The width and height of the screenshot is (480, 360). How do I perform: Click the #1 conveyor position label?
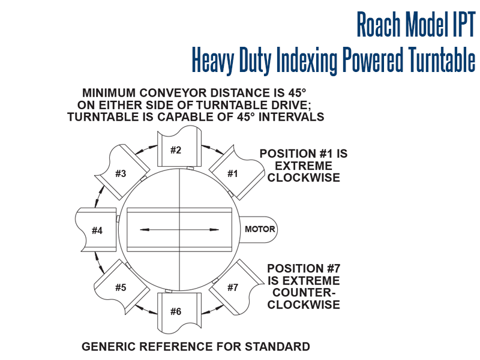[x=233, y=174]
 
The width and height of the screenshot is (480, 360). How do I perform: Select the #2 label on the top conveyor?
[x=176, y=151]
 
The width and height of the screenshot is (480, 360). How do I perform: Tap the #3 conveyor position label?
[x=121, y=174]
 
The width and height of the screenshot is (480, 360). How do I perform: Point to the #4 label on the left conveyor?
[x=97, y=230]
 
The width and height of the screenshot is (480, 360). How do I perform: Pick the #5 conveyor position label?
[x=121, y=288]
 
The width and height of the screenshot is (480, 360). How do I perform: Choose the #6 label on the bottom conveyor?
[x=176, y=311]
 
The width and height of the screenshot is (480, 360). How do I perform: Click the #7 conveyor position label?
[x=233, y=288]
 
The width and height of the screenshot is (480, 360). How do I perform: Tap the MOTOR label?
[x=260, y=229]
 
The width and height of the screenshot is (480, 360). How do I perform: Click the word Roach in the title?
[x=379, y=24]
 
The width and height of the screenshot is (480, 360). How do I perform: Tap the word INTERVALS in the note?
[x=291, y=117]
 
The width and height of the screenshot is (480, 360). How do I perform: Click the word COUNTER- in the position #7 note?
[x=304, y=293]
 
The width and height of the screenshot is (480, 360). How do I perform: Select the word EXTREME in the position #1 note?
[x=304, y=166]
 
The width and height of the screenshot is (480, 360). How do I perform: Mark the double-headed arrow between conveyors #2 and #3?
[x=146, y=149]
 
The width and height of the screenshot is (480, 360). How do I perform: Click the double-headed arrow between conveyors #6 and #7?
[x=212, y=310]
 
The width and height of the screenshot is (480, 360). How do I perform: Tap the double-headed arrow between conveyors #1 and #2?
[x=212, y=149]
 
